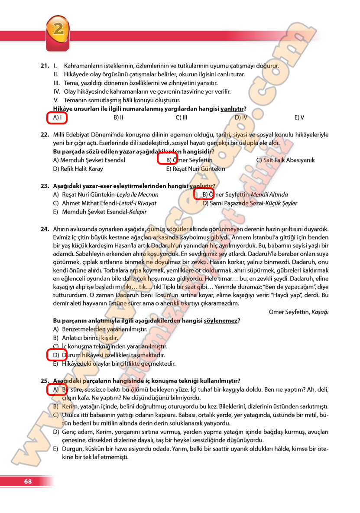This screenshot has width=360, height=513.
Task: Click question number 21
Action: click(44, 66)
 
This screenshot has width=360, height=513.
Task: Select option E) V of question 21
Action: click(299, 117)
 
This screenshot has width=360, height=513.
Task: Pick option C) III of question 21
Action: click(182, 117)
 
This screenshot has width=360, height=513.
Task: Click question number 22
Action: click(44, 135)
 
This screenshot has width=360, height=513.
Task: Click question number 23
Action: click(44, 186)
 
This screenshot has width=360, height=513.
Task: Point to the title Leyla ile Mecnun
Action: click(142, 195)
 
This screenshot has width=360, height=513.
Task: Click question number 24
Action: click(44, 229)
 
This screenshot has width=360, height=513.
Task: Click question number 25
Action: click(44, 381)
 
